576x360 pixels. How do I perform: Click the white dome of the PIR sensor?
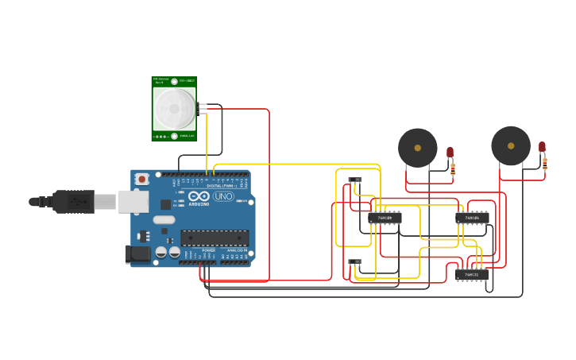pyautogui.click(x=174, y=109)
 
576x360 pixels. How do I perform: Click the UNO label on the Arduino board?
pyautogui.click(x=224, y=196)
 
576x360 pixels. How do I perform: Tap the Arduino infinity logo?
pyautogui.click(x=199, y=196)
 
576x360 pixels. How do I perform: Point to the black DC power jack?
pyautogui.click(x=137, y=254)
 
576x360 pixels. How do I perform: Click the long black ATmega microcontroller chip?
pyautogui.click(x=215, y=238)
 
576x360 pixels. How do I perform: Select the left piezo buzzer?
pyautogui.click(x=417, y=148)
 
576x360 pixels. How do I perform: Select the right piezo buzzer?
pyautogui.click(x=510, y=145)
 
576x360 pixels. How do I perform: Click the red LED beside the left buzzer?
pyautogui.click(x=450, y=152)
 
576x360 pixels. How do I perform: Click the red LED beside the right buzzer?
pyautogui.click(x=542, y=147)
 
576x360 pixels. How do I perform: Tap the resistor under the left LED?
pyautogui.click(x=453, y=168)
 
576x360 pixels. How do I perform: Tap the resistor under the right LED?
pyautogui.click(x=545, y=164)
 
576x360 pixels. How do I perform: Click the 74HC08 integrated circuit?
pyautogui.click(x=385, y=217)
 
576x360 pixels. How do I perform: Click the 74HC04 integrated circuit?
pyautogui.click(x=472, y=217)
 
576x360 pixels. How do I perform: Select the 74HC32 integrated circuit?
pyautogui.click(x=472, y=274)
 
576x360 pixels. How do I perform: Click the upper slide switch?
pyautogui.click(x=355, y=180)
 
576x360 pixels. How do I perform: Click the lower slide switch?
pyautogui.click(x=355, y=261)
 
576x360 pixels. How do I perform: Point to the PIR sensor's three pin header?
pyautogui.click(x=203, y=109)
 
